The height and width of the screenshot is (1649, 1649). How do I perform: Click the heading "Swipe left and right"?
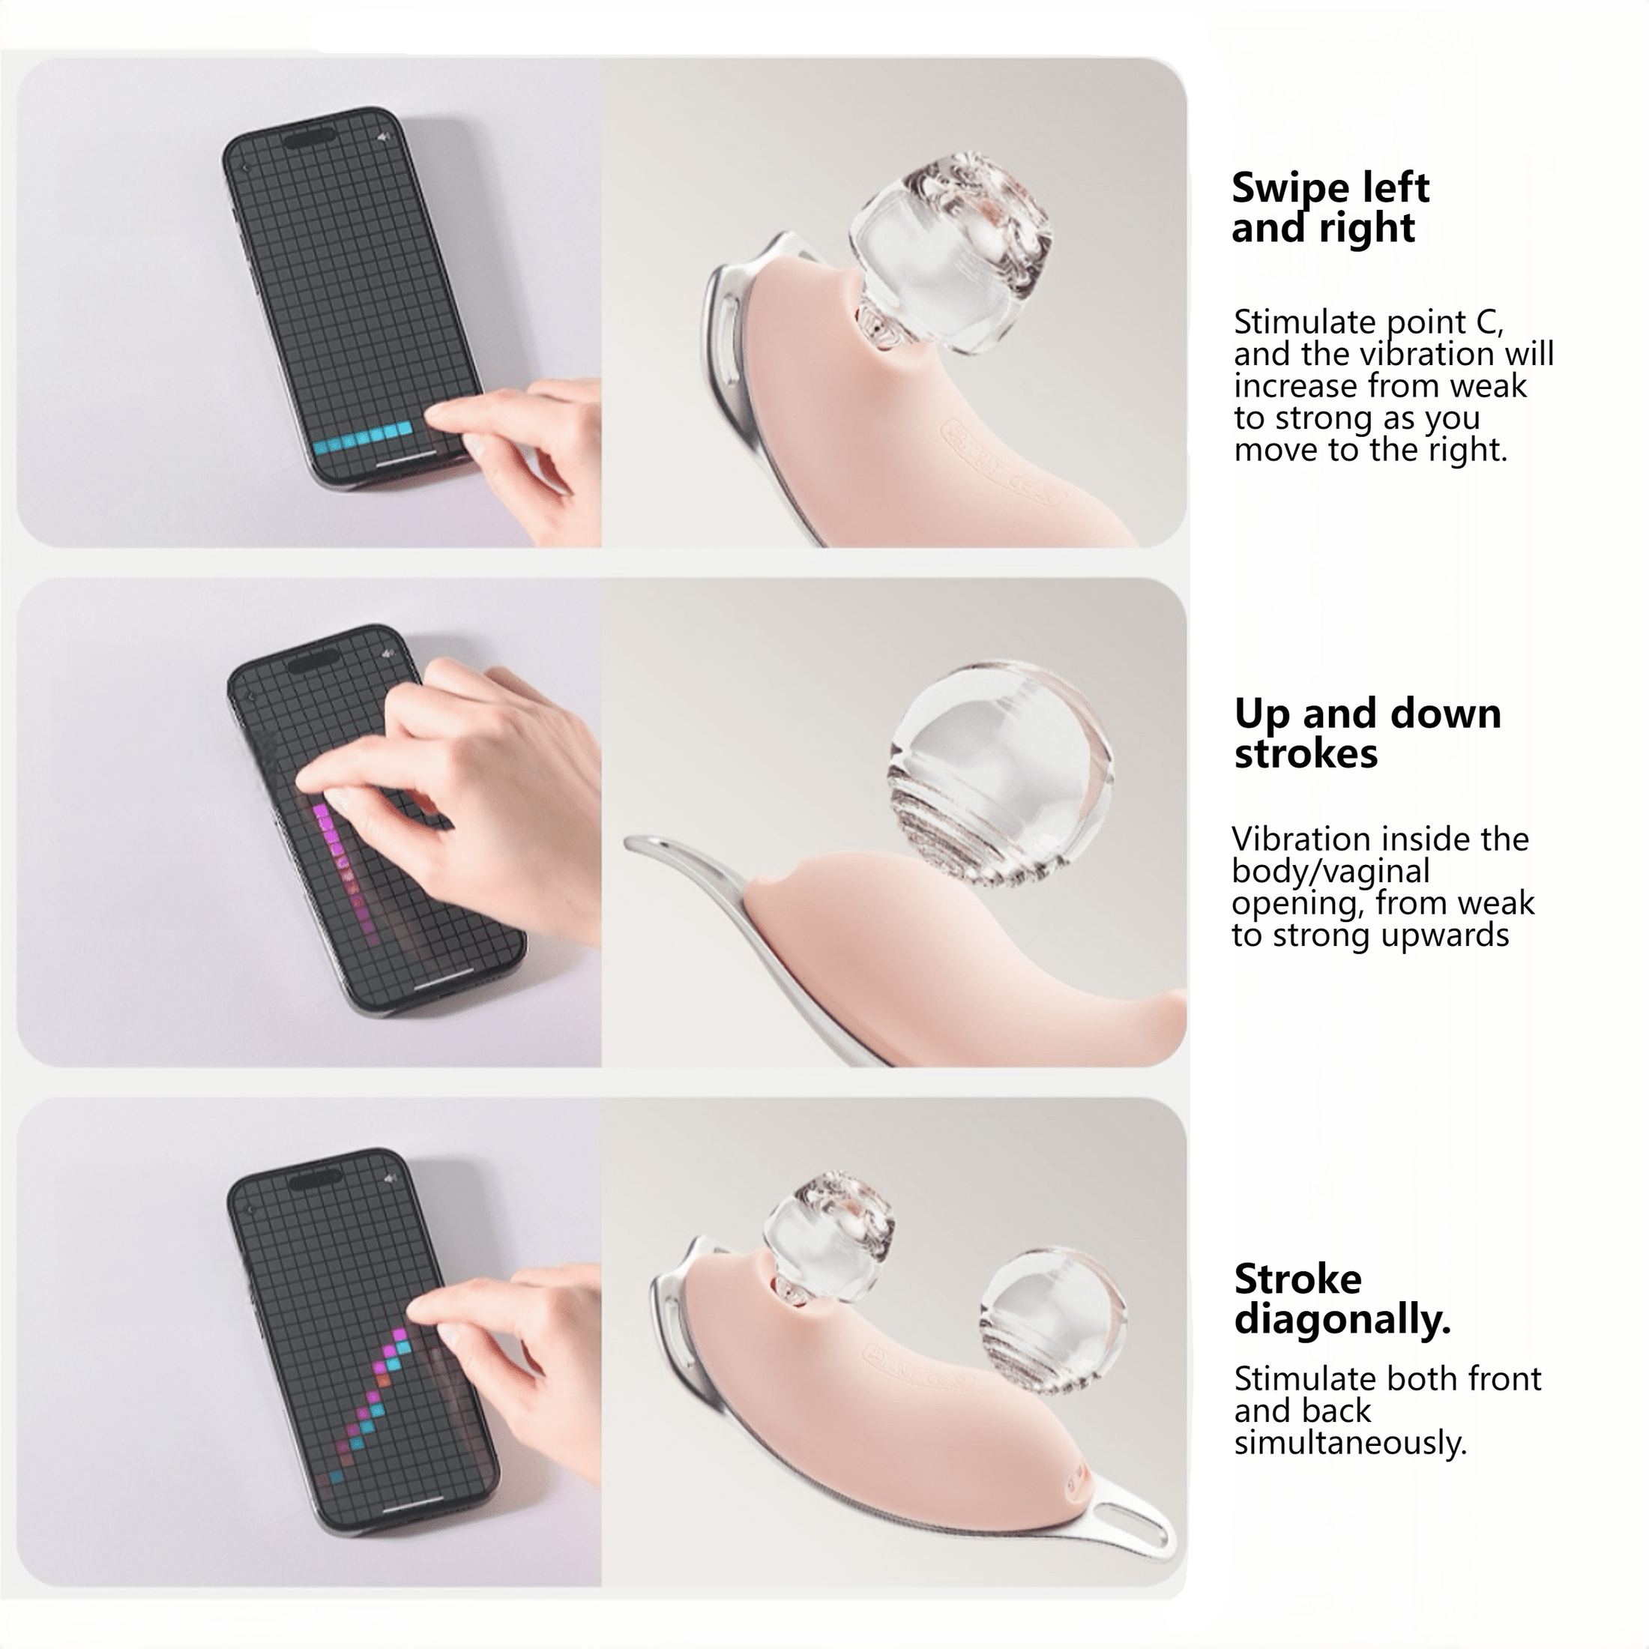point(1329,208)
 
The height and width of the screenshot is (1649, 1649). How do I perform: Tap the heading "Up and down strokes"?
point(1366,733)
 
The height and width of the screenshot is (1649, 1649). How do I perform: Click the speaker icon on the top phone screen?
point(384,137)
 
